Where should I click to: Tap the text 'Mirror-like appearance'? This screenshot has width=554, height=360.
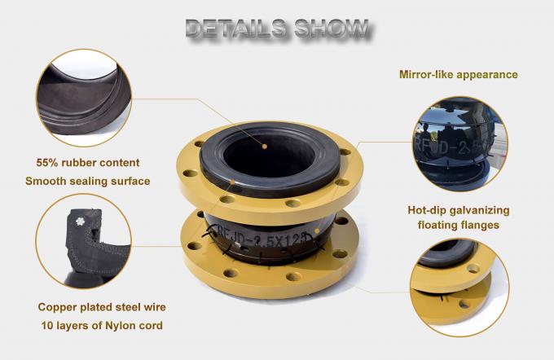[x=458, y=74]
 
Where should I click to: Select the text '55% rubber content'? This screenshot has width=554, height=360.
[x=87, y=163]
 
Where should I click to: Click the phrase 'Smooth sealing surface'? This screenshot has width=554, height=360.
[x=87, y=181]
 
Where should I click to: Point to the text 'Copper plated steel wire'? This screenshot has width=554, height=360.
[x=101, y=308]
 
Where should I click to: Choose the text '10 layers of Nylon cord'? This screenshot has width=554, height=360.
[x=101, y=326]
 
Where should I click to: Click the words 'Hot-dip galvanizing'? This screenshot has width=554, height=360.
[x=457, y=209]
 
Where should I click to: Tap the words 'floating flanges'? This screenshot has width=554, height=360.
[x=457, y=226]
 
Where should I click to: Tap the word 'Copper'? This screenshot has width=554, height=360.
[x=58, y=308]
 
